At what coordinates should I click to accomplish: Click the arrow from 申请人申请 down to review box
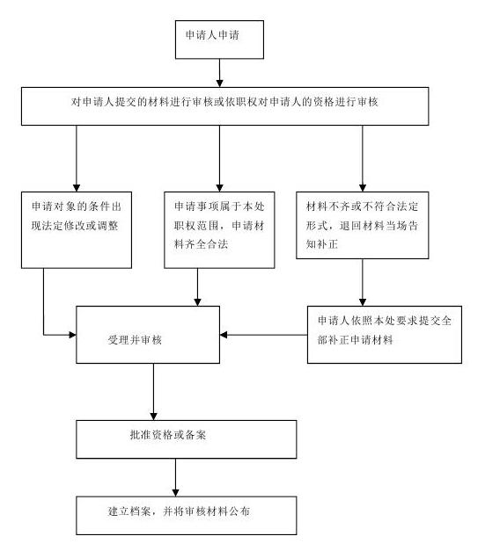pos(219,73)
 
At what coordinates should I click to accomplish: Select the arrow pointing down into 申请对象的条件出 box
pos(77,159)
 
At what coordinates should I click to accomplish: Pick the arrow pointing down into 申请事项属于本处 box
pos(219,159)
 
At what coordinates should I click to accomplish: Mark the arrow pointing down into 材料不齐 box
pos(363,159)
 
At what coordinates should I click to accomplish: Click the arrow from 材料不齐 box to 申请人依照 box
pos(363,283)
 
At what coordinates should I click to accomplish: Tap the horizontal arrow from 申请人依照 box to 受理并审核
pos(264,335)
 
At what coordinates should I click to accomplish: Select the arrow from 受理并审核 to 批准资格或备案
pos(154,392)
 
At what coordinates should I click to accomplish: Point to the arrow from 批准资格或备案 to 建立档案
pos(175,477)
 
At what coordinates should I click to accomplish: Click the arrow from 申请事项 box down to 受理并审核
pos(197,287)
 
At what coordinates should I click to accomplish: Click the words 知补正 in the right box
pos(321,244)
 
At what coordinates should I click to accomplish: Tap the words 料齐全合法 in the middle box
pos(201,244)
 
